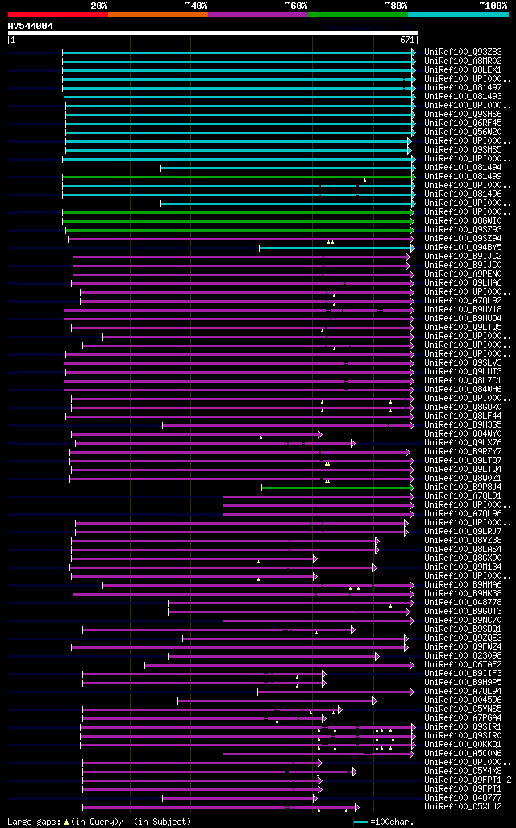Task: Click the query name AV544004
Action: pyautogui.click(x=31, y=26)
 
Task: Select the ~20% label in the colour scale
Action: pyautogui.click(x=98, y=6)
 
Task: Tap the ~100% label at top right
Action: pyautogui.click(x=493, y=6)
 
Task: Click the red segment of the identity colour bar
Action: pyautogui.click(x=57, y=14)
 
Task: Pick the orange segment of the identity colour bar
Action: pyautogui.click(x=157, y=14)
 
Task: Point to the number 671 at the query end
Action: pyautogui.click(x=407, y=40)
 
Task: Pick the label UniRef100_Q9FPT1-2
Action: pyautogui.click(x=467, y=780)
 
